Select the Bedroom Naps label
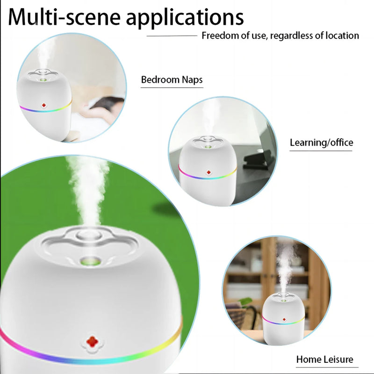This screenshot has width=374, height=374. point(172,79)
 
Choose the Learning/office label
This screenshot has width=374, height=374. point(321,143)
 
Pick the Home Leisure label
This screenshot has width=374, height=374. point(324,360)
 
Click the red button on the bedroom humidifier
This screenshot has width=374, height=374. point(44,106)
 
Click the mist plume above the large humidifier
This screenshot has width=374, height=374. point(86,187)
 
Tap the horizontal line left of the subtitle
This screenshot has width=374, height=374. point(172,36)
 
